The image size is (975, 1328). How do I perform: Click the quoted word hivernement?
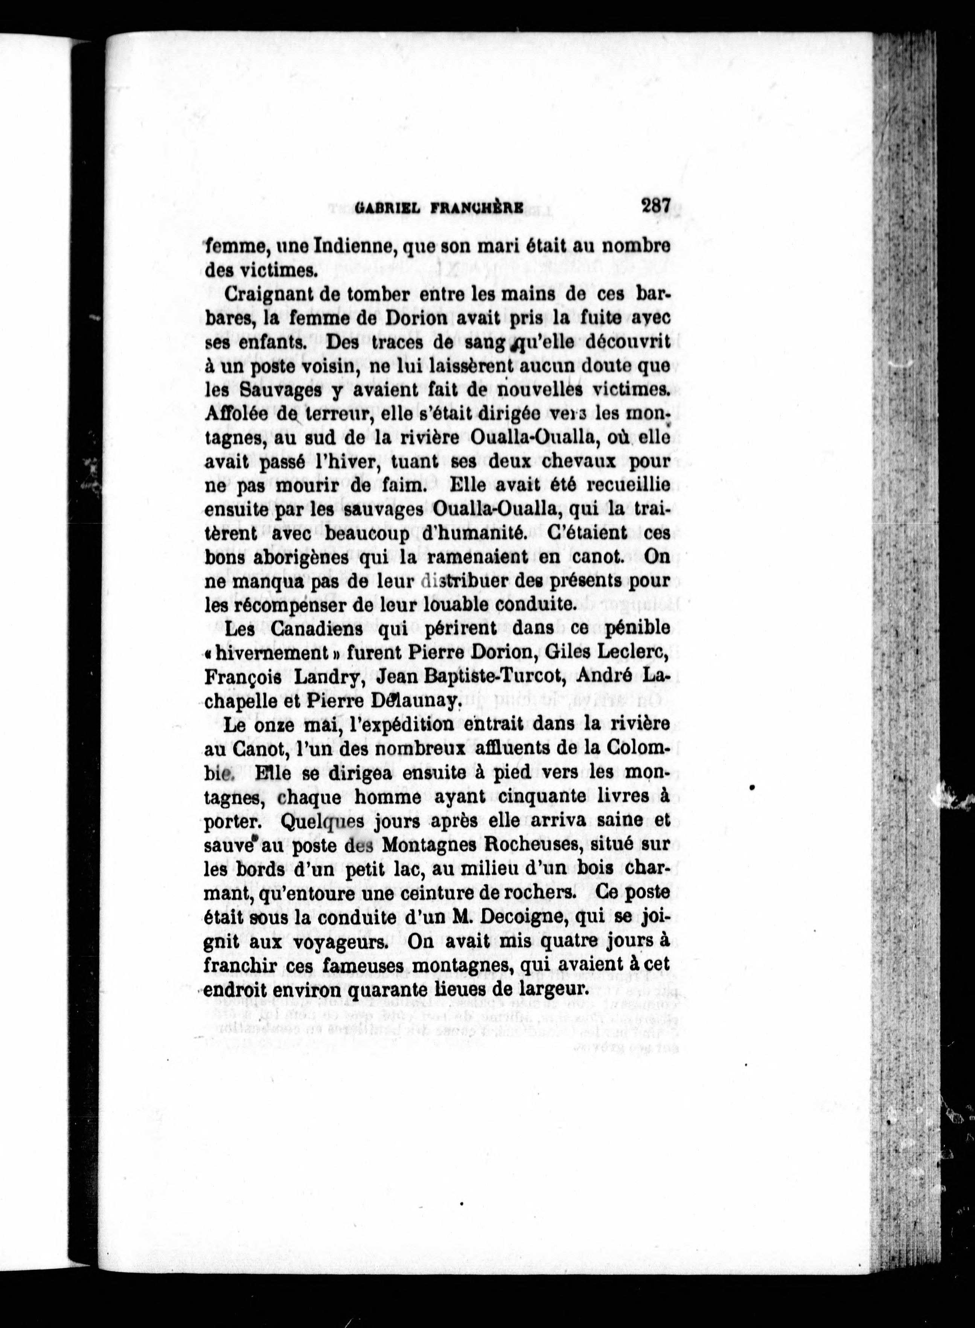click(277, 653)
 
